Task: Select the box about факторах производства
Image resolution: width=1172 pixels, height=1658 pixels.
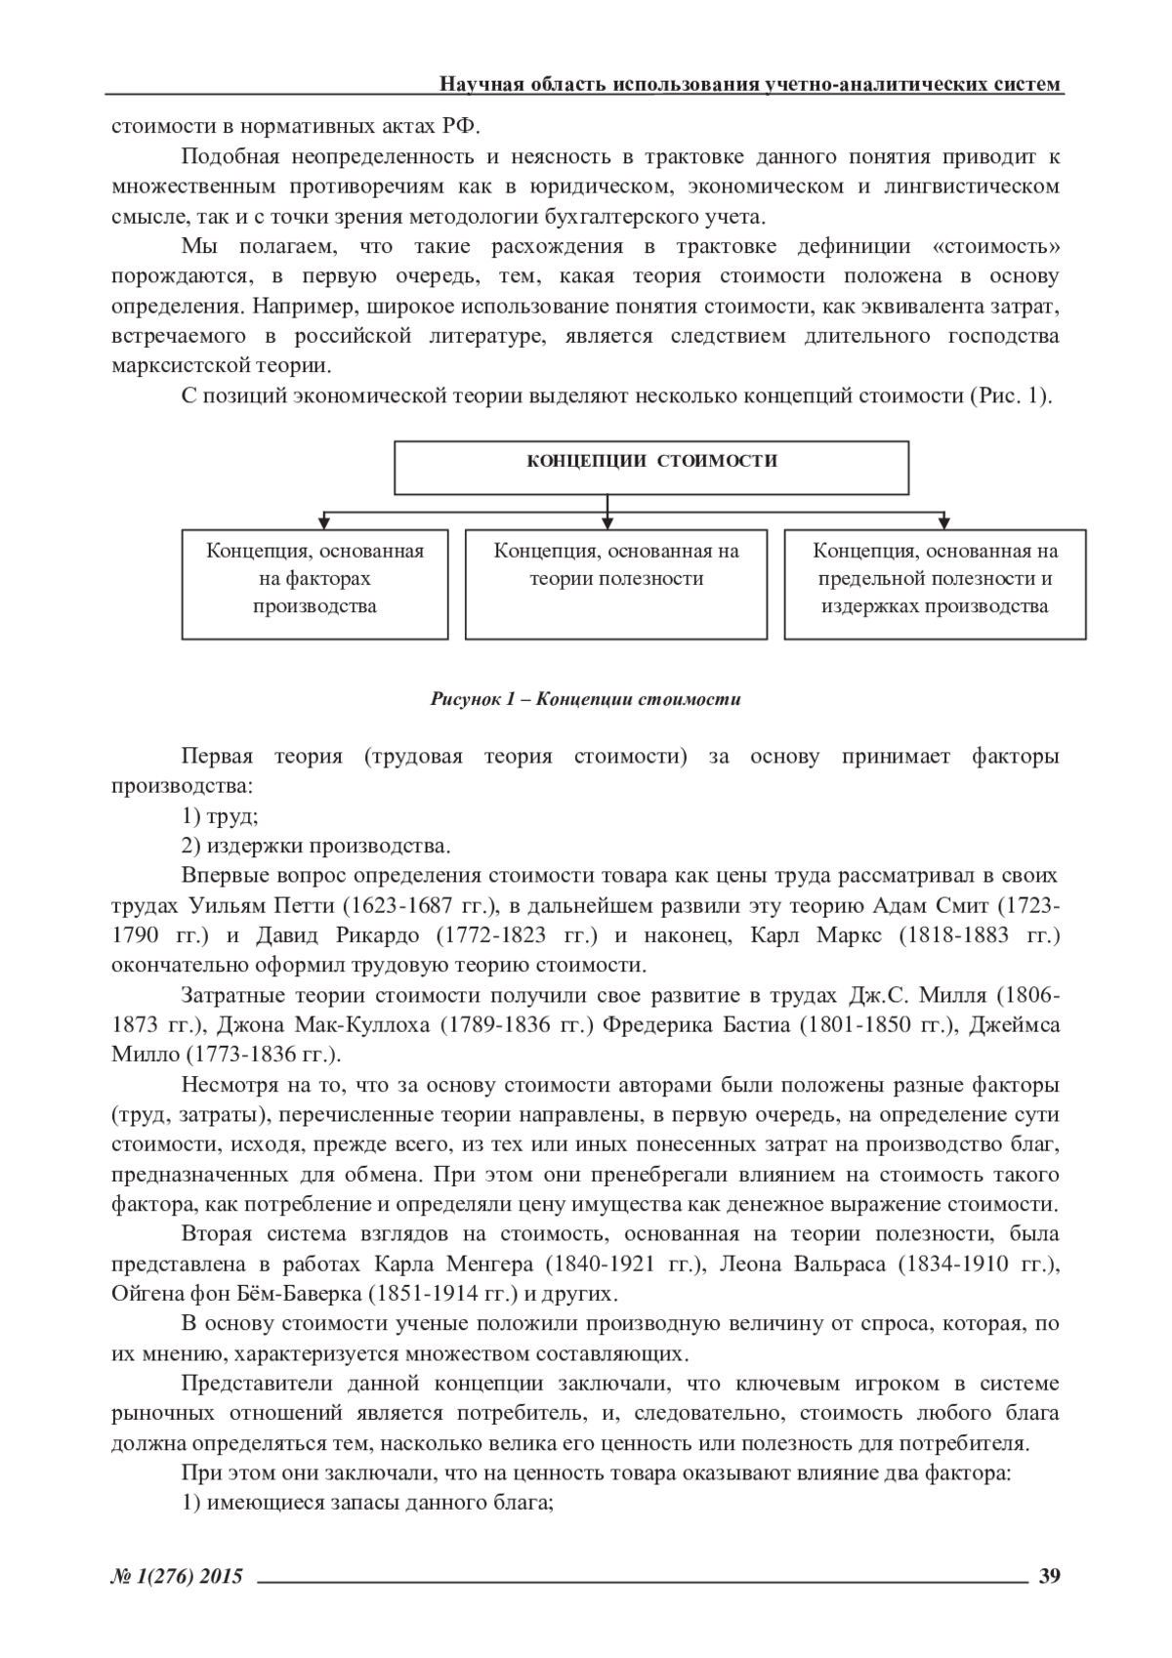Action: tap(314, 584)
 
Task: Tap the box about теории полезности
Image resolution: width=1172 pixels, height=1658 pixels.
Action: tap(616, 584)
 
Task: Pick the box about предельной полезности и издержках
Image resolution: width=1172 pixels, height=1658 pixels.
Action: tap(935, 584)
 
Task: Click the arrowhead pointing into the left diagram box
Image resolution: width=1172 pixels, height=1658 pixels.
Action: tap(323, 521)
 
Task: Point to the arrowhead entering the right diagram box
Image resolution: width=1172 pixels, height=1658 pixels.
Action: tap(944, 521)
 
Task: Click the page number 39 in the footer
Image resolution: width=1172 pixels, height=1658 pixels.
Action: tap(1050, 1575)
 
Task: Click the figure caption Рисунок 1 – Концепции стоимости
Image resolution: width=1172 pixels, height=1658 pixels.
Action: tap(586, 699)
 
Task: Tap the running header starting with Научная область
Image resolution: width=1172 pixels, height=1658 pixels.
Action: tap(750, 84)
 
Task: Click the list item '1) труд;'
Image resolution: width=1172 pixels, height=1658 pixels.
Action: tap(219, 816)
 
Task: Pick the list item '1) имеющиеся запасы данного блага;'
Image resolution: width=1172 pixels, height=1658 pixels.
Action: tap(367, 1504)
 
